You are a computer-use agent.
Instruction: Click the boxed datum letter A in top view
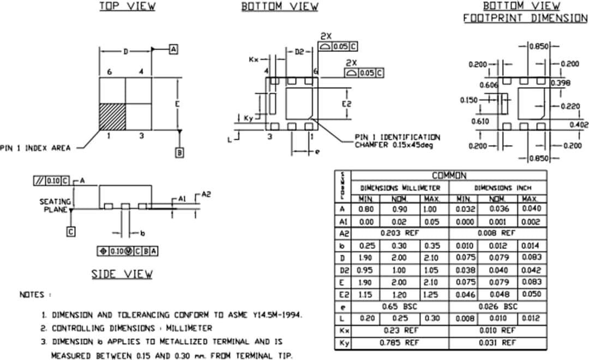[x=173, y=50]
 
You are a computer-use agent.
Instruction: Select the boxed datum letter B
[x=179, y=153]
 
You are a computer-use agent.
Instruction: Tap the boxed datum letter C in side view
[x=71, y=232]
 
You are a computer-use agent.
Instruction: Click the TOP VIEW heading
[x=127, y=7]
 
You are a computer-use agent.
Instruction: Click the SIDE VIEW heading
[x=122, y=274]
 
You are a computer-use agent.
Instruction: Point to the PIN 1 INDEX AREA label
[x=35, y=148]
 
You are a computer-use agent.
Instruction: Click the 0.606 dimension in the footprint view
[x=489, y=85]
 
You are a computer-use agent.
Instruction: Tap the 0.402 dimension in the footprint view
[x=579, y=125]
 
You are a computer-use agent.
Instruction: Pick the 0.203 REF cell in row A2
[x=400, y=233]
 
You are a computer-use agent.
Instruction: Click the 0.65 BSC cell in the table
[x=400, y=307]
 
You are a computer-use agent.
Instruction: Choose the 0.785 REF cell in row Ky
[x=400, y=343]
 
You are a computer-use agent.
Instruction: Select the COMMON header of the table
[x=448, y=176]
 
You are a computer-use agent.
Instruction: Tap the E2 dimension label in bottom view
[x=346, y=104]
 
